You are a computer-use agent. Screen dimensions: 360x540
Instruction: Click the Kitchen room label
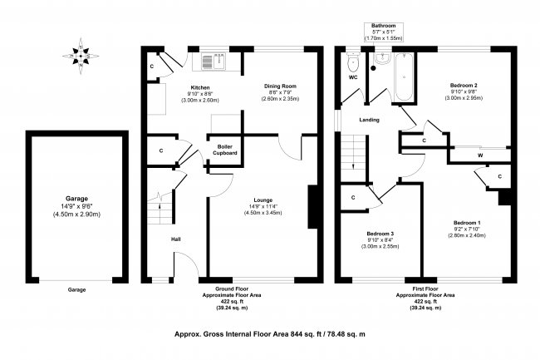pyautogui.click(x=200, y=87)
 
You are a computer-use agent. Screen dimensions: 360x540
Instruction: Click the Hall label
pyautogui.click(x=176, y=240)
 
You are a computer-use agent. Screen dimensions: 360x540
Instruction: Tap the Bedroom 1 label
pyautogui.click(x=466, y=223)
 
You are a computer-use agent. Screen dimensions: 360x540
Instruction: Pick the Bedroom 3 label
pyautogui.click(x=380, y=234)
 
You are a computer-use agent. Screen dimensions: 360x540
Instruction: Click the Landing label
pyautogui.click(x=369, y=120)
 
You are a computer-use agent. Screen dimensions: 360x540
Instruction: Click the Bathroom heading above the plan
pyautogui.click(x=383, y=26)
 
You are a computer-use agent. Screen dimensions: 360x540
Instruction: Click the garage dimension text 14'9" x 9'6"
pyautogui.click(x=77, y=206)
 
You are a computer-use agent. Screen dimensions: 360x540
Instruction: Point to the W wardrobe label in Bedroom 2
pyautogui.click(x=480, y=155)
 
